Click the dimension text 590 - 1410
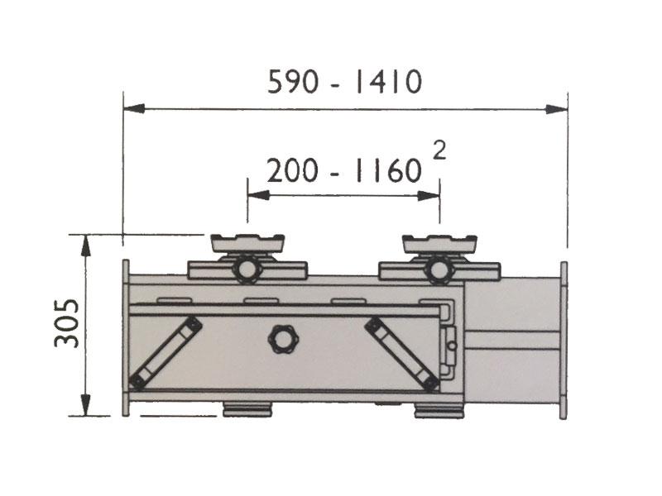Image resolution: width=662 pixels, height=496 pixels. pyautogui.click(x=345, y=83)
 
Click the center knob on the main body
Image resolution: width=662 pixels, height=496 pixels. pyautogui.click(x=281, y=338)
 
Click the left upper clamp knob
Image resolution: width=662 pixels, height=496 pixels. pyautogui.click(x=247, y=270)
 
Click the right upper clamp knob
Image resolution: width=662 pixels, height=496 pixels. pyautogui.click(x=439, y=270)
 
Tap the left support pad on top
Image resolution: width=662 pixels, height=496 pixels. pyautogui.click(x=247, y=243)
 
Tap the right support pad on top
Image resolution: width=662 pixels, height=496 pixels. pyautogui.click(x=439, y=243)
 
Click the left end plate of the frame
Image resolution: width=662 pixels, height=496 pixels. pyautogui.click(x=126, y=339)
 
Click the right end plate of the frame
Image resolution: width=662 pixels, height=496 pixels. pyautogui.click(x=564, y=339)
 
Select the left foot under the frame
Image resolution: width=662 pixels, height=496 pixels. pyautogui.click(x=247, y=409)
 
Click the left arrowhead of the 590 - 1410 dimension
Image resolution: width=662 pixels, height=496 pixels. pyautogui.click(x=132, y=108)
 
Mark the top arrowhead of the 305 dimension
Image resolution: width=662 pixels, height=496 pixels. pyautogui.click(x=85, y=243)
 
